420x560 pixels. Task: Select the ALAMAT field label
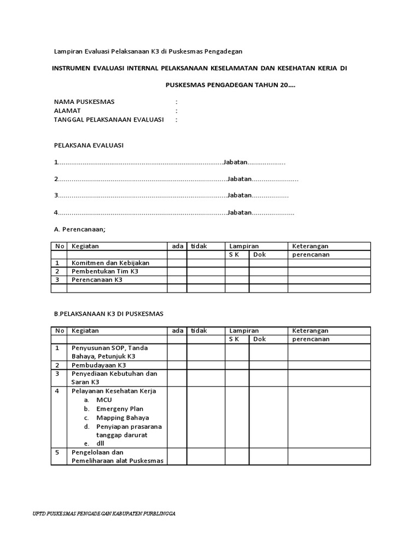pyautogui.click(x=68, y=110)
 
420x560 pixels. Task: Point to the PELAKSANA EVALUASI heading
pyautogui.click(x=89, y=145)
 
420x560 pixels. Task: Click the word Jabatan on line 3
pyautogui.click(x=240, y=196)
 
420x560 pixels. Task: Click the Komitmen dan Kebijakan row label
pyautogui.click(x=110, y=263)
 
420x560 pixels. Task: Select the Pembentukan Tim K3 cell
pyautogui.click(x=105, y=271)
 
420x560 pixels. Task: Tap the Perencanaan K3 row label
pyautogui.click(x=97, y=279)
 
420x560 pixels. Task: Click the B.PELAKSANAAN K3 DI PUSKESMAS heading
pyautogui.click(x=109, y=314)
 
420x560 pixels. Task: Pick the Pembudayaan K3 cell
pyautogui.click(x=99, y=365)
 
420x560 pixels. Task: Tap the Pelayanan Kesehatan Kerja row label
pyautogui.click(x=114, y=391)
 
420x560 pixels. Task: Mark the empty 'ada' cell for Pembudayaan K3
pyautogui.click(x=177, y=365)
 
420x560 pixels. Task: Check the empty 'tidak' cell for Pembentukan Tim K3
pyautogui.click(x=206, y=271)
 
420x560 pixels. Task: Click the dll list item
pyautogui.click(x=100, y=443)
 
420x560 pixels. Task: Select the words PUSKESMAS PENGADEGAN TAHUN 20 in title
pyautogui.click(x=230, y=85)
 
